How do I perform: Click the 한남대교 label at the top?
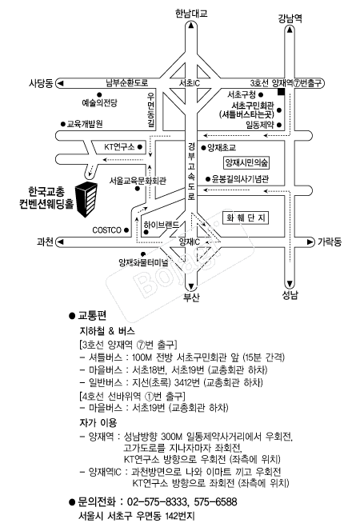click(191, 14)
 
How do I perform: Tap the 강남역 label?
click(290, 18)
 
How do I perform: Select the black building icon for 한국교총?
click(86, 199)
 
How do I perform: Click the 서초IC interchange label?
click(190, 83)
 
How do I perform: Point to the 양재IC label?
click(190, 242)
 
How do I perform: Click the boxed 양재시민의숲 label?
click(247, 163)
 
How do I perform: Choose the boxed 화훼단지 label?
click(246, 218)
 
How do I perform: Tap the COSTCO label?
click(106, 230)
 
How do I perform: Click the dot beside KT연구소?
click(139, 147)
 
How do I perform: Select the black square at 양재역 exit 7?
click(281, 92)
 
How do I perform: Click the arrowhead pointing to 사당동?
click(61, 83)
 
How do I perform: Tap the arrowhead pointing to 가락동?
click(310, 242)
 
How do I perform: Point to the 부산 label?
click(191, 297)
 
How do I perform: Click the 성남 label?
click(290, 295)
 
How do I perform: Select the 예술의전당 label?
click(99, 102)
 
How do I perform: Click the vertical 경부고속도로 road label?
click(192, 171)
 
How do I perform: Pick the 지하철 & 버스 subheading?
click(107, 331)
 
